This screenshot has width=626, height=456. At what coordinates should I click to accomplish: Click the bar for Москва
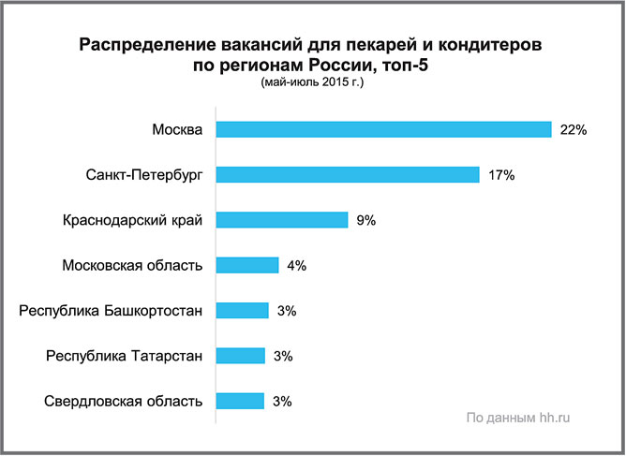383,129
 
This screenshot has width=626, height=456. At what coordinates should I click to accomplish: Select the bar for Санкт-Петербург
348,175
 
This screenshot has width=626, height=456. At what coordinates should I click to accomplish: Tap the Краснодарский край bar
282,220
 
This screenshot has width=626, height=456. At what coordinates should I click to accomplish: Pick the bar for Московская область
247,265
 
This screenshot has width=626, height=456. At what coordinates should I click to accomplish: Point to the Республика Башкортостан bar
243,310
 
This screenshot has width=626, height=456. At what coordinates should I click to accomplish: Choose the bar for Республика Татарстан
241,356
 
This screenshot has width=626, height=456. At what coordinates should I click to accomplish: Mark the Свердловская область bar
241,401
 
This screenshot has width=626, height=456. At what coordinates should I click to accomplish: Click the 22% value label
573,130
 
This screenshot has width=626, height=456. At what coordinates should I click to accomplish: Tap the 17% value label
501,175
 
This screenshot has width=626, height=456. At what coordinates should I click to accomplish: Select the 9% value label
365,220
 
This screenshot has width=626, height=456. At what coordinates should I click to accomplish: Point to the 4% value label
297,265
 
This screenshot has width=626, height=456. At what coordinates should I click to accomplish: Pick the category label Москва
177,129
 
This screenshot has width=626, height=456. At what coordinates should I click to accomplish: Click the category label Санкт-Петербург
137,175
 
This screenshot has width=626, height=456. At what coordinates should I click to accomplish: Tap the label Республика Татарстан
124,356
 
